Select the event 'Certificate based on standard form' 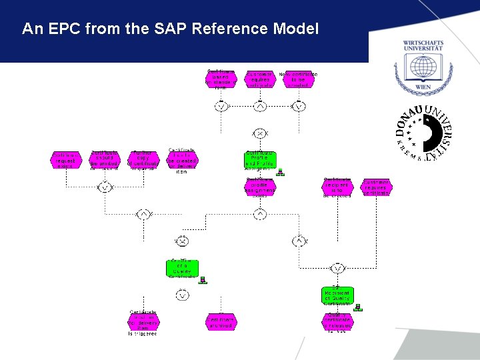point(220,78)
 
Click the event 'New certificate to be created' point(298,79)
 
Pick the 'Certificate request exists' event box point(65,160)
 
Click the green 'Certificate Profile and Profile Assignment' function point(259,159)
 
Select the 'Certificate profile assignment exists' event point(259,187)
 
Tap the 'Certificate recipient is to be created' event point(337,187)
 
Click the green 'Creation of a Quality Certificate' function point(182,268)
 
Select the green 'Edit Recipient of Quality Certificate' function point(337,295)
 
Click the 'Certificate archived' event point(221,322)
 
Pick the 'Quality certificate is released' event point(338,322)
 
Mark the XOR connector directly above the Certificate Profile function point(259,133)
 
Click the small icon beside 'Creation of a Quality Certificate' point(203,280)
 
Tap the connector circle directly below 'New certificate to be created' point(299,106)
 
